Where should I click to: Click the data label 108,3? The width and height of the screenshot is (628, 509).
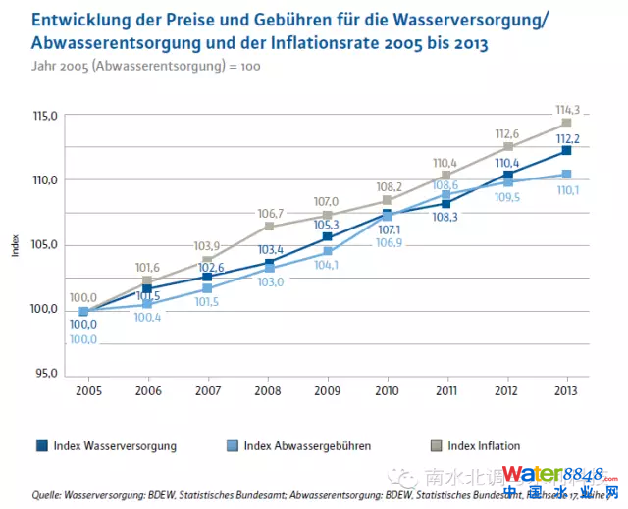click(x=446, y=215)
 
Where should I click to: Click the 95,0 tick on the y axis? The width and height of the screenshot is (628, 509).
click(x=47, y=374)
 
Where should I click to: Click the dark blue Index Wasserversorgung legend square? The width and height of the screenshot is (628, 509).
click(x=43, y=446)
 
